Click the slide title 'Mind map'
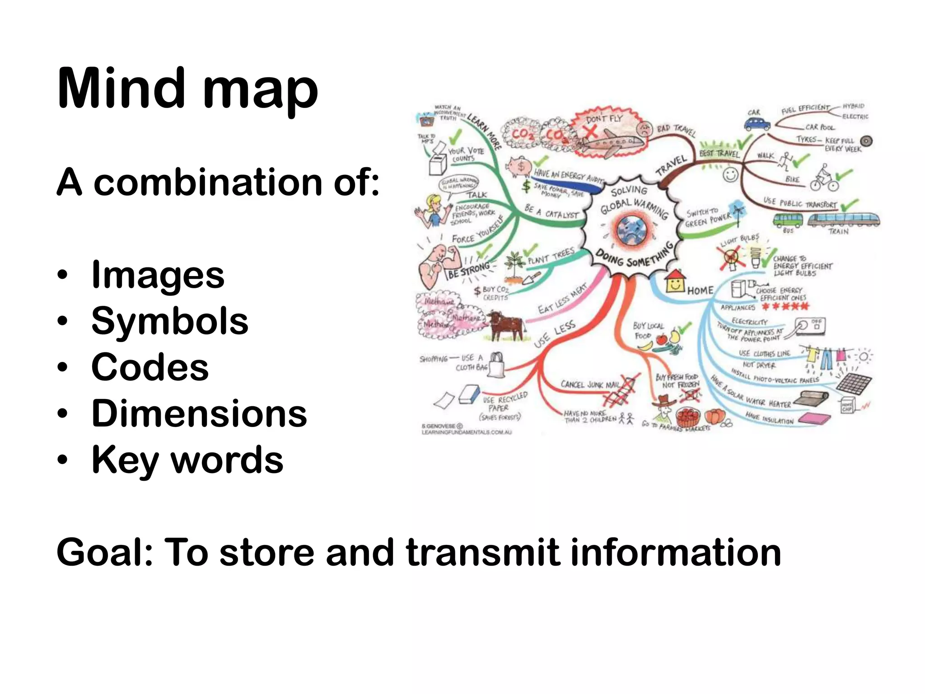pos(187,89)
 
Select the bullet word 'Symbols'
pos(170,321)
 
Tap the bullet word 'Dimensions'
pos(199,413)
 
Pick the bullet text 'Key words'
pos(187,460)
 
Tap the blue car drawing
pos(757,123)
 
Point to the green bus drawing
pos(788,220)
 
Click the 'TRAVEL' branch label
pos(672,165)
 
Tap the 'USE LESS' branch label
pos(555,333)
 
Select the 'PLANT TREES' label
pos(551,256)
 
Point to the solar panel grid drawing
pos(854,383)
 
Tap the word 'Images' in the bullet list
pos(158,275)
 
